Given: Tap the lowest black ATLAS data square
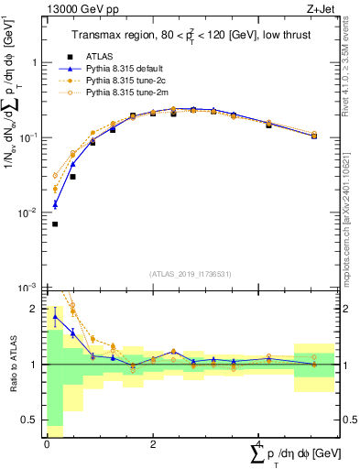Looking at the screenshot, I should tap(55, 224).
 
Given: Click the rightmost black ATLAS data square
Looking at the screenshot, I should tap(314, 136).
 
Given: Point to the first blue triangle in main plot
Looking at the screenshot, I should tap(55, 204).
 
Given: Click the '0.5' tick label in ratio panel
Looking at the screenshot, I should tap(32, 421).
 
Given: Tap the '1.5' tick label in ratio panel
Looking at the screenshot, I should tap(32, 336).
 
